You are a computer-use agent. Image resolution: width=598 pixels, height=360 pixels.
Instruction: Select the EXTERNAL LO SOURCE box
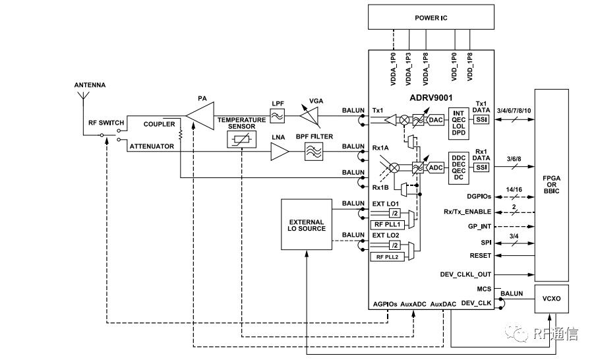tap(307, 225)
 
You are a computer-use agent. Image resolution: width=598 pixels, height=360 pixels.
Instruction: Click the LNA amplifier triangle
tap(280, 154)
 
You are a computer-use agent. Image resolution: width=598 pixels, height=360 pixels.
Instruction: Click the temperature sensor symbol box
tap(242, 139)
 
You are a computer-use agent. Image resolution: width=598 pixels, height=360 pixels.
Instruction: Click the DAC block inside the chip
tap(436, 119)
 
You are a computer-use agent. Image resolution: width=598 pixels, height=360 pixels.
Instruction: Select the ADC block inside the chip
tap(436, 167)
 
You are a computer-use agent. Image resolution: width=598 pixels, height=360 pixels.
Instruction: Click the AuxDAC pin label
tap(444, 305)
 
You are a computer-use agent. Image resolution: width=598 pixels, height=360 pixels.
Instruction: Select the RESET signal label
tap(481, 256)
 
